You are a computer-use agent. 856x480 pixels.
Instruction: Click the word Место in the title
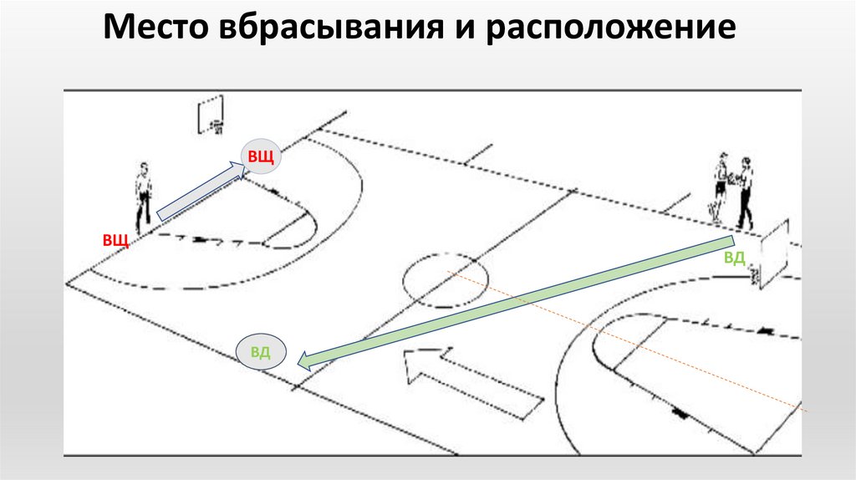158,31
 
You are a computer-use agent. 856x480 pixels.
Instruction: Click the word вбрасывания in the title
330,31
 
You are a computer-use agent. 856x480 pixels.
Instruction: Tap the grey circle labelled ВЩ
259,156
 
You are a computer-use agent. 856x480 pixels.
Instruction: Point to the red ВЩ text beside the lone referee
115,241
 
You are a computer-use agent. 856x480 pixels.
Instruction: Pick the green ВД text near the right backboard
734,257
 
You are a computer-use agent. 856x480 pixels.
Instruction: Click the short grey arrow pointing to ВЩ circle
201,191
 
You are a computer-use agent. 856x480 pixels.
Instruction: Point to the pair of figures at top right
732,191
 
